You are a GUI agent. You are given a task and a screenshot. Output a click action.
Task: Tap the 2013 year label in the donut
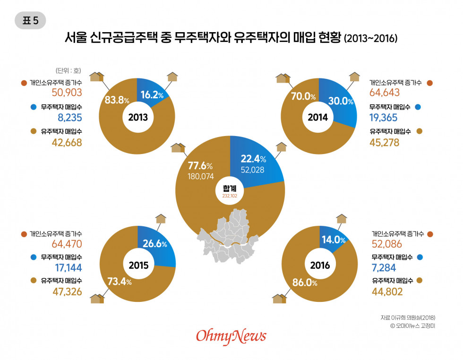pyautogui.click(x=137, y=118)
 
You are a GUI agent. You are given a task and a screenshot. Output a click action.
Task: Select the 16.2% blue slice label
pyautogui.click(x=152, y=95)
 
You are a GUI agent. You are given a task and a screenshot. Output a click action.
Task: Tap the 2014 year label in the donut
pyautogui.click(x=318, y=118)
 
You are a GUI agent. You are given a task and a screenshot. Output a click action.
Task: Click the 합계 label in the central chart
pyautogui.click(x=230, y=187)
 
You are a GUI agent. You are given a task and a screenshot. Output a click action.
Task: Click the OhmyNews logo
pyautogui.click(x=231, y=336)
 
